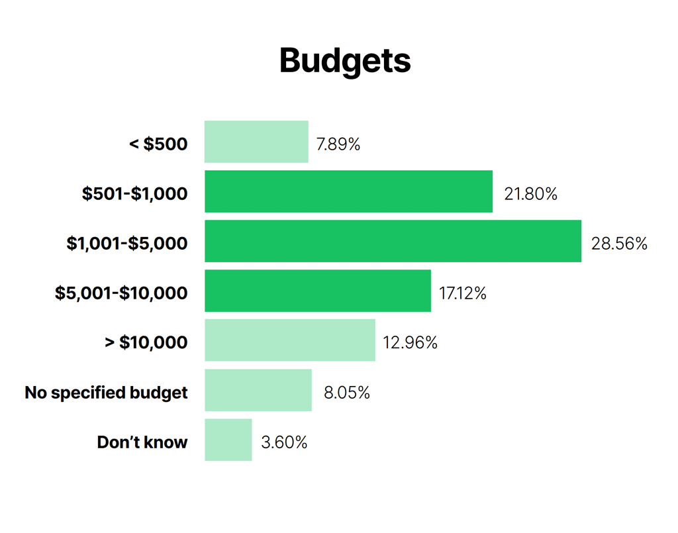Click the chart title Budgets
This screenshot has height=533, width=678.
pyautogui.click(x=345, y=61)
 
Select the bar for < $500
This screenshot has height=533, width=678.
pyautogui.click(x=256, y=142)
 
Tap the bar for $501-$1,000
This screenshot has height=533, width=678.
pyautogui.click(x=348, y=191)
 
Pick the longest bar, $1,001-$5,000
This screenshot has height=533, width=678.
pyautogui.click(x=393, y=241)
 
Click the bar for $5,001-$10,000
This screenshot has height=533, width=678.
pyautogui.click(x=318, y=291)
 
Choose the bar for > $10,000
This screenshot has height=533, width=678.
pyautogui.click(x=290, y=340)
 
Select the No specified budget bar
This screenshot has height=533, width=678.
pyautogui.click(x=258, y=390)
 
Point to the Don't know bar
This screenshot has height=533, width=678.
pyautogui.click(x=228, y=440)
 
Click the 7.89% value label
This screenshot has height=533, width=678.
pyautogui.click(x=338, y=144)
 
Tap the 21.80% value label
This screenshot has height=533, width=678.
pyautogui.click(x=530, y=194)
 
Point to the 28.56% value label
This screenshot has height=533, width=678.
pyautogui.click(x=619, y=244)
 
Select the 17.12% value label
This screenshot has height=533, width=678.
pyautogui.click(x=463, y=293)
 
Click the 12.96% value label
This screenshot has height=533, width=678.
pyautogui.click(x=411, y=343)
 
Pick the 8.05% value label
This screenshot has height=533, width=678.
pyautogui.click(x=346, y=393)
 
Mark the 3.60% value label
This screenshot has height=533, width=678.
pyautogui.click(x=284, y=442)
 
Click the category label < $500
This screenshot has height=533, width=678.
pyautogui.click(x=158, y=144)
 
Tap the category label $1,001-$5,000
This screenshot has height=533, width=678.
pyautogui.click(x=127, y=244)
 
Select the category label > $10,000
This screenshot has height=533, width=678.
pyautogui.click(x=146, y=343)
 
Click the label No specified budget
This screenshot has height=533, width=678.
pyautogui.click(x=107, y=393)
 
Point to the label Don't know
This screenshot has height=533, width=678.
pyautogui.click(x=142, y=442)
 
